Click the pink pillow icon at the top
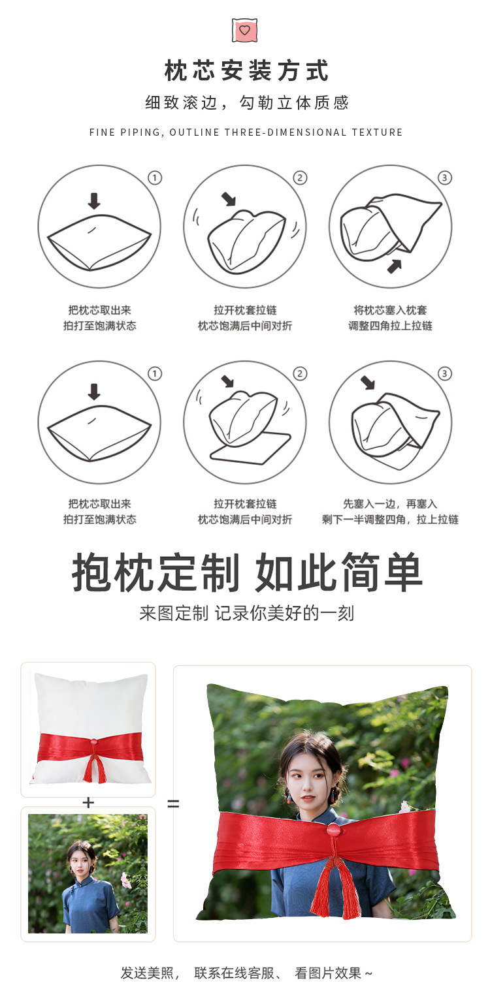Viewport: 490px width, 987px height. tap(245, 30)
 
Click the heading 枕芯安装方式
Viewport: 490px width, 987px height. tap(246, 70)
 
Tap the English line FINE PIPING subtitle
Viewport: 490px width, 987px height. tap(246, 133)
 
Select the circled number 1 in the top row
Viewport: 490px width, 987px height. tap(155, 178)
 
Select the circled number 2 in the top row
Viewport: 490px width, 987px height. tap(300, 178)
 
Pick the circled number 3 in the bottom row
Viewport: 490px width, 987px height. tap(445, 374)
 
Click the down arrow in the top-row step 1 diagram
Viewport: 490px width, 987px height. tap(94, 200)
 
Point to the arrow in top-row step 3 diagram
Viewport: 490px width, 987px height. tap(394, 265)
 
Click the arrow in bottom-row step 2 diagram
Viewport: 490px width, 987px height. tap(227, 381)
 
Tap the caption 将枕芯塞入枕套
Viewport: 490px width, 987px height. tap(390, 310)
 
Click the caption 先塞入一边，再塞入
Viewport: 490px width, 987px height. tap(390, 504)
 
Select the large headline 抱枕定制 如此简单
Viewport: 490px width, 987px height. tap(247, 572)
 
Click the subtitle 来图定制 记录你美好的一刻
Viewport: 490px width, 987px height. tap(246, 614)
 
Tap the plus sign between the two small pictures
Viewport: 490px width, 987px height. tap(88, 803)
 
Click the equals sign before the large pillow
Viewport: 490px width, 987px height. tap(173, 804)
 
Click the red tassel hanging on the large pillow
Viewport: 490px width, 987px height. tap(335, 888)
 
